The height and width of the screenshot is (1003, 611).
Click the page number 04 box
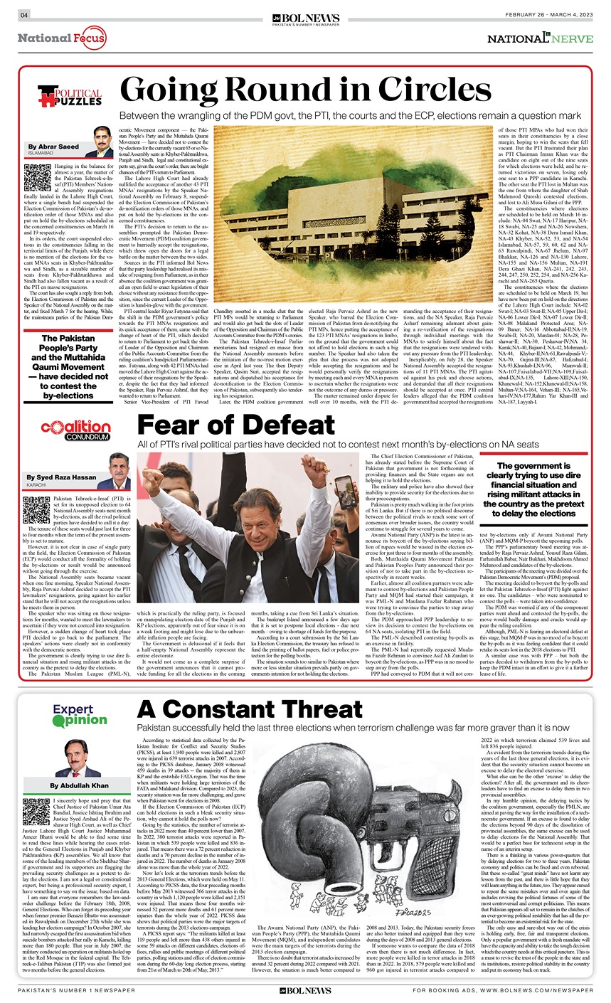[x=23, y=15]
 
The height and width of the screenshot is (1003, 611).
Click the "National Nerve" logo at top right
[x=540, y=38]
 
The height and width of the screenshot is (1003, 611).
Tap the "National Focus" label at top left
[x=62, y=37]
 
